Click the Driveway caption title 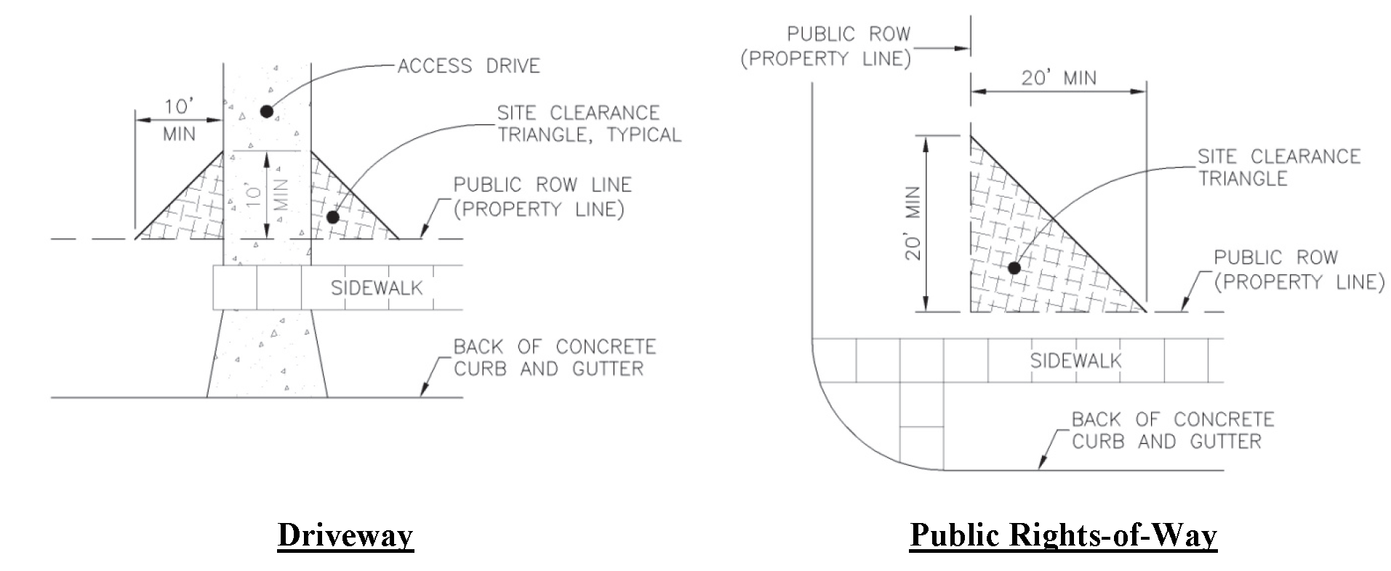[345, 535]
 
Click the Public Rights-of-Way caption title [1063, 535]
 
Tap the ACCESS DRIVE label [468, 66]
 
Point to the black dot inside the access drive [267, 111]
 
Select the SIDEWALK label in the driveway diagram [377, 288]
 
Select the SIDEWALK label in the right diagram [1075, 360]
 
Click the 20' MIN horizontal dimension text [1058, 78]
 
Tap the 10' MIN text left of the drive [177, 120]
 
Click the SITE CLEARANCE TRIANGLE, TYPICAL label [588, 124]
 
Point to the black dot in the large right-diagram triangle [1014, 268]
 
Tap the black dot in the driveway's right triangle [333, 217]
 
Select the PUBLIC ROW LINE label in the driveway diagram [542, 196]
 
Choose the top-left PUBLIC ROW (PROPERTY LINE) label [825, 47]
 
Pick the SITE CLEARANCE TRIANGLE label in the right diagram [1278, 167]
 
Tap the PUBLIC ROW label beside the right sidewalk [1298, 269]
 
